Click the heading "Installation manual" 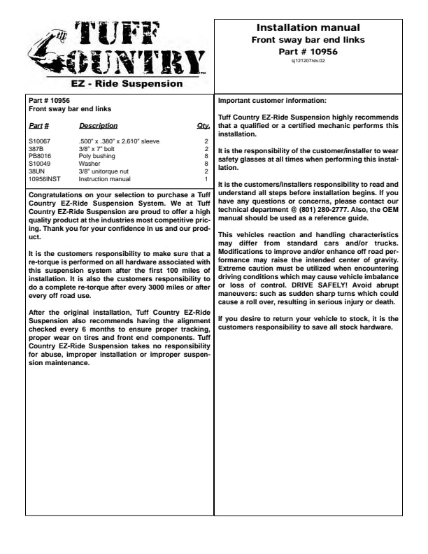(308, 28)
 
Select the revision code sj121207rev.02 (308, 61)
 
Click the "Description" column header (98, 126)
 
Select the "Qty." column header (204, 126)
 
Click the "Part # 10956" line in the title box (308, 51)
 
